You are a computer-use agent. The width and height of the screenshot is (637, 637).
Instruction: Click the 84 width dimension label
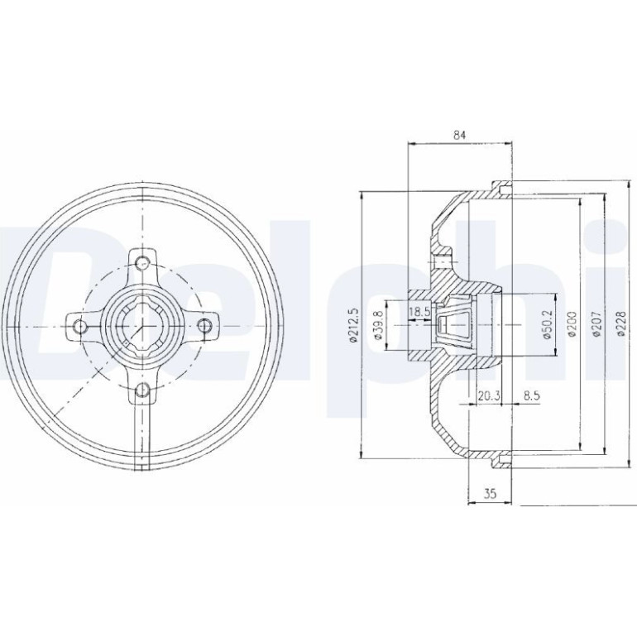(x=459, y=136)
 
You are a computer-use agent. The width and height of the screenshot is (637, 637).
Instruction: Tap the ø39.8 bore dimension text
(x=378, y=324)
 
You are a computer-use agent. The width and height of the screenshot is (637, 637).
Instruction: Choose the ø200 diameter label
(x=572, y=324)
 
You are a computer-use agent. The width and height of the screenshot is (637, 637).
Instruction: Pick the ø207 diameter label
(x=596, y=324)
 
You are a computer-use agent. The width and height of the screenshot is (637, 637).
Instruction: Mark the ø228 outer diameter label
(x=620, y=323)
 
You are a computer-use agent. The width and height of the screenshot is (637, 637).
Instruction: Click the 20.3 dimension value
(x=488, y=395)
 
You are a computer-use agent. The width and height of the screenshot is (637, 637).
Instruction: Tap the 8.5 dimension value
(x=531, y=395)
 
